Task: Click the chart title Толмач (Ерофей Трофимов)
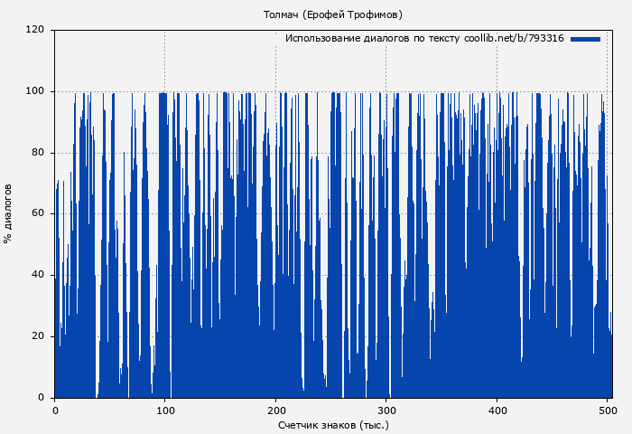(x=332, y=14)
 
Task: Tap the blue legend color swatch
(x=585, y=39)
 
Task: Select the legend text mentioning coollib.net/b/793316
(x=424, y=39)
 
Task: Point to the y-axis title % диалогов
(x=8, y=213)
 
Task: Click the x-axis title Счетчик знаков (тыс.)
(x=333, y=424)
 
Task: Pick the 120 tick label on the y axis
(x=35, y=30)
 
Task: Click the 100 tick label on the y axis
(x=35, y=91)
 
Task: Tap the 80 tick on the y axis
(x=38, y=153)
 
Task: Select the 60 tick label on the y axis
(x=38, y=214)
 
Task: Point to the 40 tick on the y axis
(x=38, y=275)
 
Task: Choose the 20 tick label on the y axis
(x=38, y=336)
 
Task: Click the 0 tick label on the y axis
(x=42, y=398)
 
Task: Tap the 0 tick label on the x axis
(x=55, y=410)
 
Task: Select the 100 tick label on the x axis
(x=165, y=410)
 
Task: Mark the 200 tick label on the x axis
(x=275, y=410)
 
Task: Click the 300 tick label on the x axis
(x=386, y=410)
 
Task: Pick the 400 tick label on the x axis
(x=497, y=410)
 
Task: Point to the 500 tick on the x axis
(x=607, y=410)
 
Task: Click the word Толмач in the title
(x=281, y=14)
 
